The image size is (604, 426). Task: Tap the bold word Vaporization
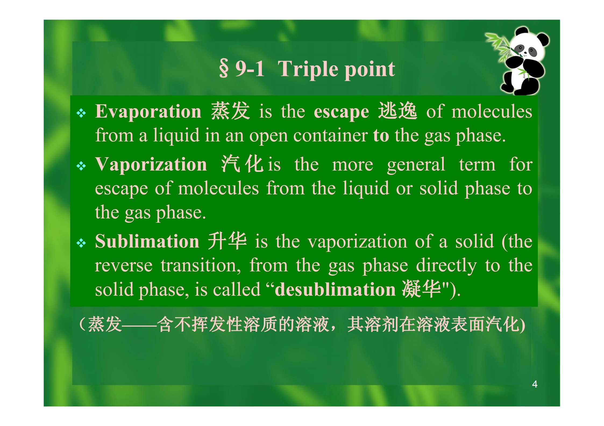click(x=151, y=165)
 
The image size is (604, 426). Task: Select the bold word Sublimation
click(x=147, y=241)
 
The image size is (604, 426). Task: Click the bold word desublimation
click(x=335, y=289)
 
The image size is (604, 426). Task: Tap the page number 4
click(x=535, y=384)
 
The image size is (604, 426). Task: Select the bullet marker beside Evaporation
click(x=81, y=113)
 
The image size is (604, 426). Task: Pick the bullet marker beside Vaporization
click(x=81, y=166)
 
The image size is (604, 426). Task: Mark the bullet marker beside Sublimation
click(x=81, y=243)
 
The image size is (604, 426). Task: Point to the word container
click(x=331, y=136)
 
